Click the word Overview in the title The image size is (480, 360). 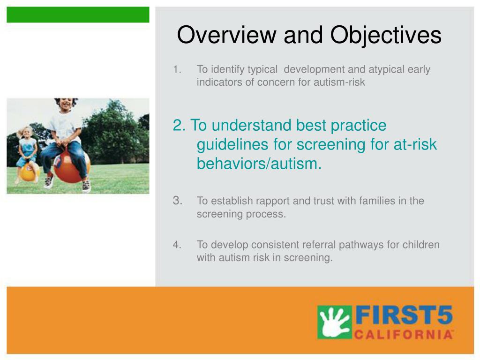click(x=227, y=35)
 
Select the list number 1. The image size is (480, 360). click(x=177, y=69)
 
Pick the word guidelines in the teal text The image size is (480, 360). click(x=232, y=145)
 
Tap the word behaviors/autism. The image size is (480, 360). click(x=259, y=164)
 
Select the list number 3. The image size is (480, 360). click(x=178, y=201)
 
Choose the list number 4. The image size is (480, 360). click(x=177, y=245)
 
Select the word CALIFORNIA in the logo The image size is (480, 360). click(x=404, y=335)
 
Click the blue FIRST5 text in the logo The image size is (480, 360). click(x=404, y=315)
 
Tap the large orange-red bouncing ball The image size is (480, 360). click(x=72, y=166)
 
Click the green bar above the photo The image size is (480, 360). click(x=78, y=15)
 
